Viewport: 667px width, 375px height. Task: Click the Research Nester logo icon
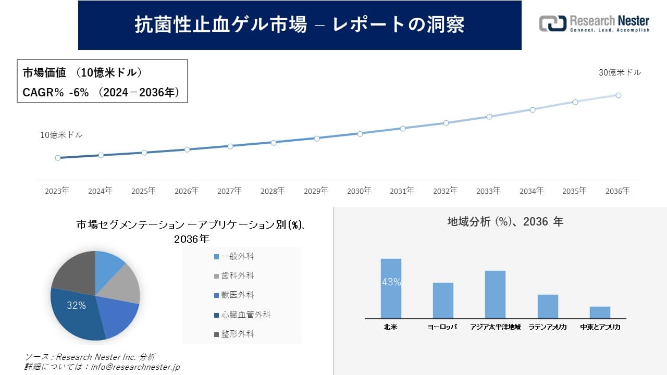click(x=552, y=23)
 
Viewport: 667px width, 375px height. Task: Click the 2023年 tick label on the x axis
click(x=57, y=191)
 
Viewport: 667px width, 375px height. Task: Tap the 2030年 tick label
click(x=359, y=191)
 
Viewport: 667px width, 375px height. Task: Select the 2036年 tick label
click(x=617, y=191)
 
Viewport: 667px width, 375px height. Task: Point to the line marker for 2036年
click(x=618, y=95)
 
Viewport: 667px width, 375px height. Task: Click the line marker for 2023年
click(x=58, y=158)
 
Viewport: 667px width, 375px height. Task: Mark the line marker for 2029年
click(x=316, y=138)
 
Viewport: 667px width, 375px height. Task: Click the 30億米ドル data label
click(x=620, y=73)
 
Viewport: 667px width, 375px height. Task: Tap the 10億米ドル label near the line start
click(x=61, y=135)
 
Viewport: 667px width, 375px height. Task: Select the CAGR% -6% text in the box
click(x=50, y=92)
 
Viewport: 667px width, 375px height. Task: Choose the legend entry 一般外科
click(x=238, y=256)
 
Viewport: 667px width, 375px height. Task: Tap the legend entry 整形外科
click(x=238, y=334)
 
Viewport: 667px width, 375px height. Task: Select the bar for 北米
click(x=391, y=289)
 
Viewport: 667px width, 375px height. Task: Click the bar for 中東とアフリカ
click(x=600, y=312)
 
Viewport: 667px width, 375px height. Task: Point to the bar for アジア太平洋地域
click(x=495, y=294)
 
